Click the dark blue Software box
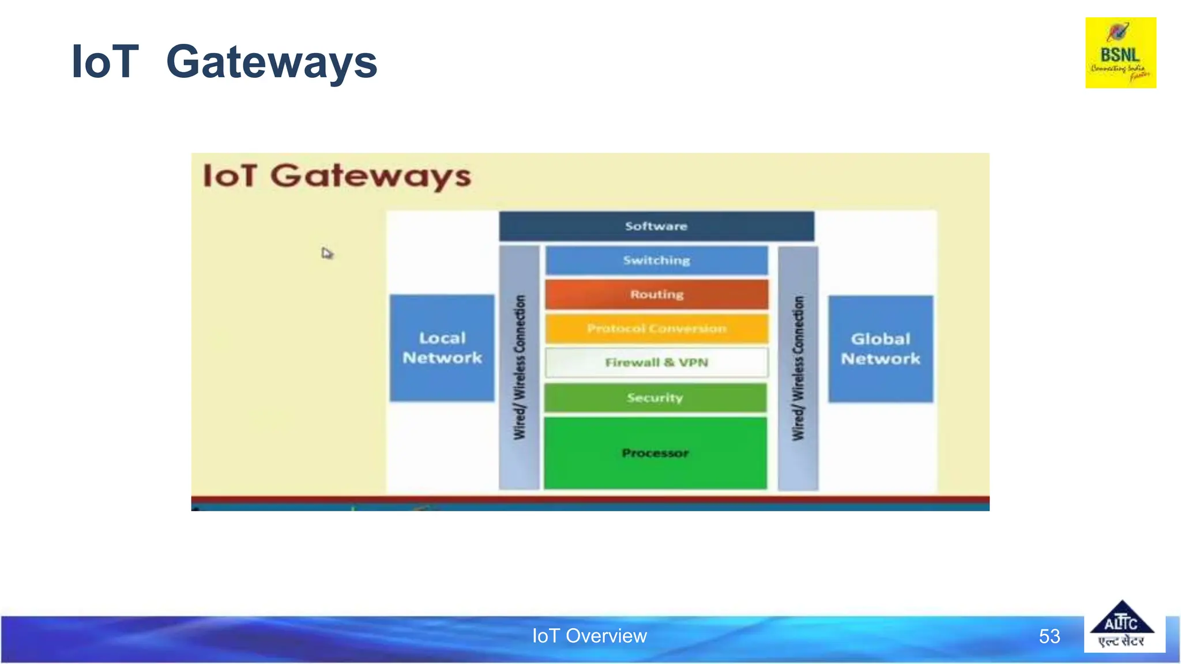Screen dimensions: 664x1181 (x=656, y=226)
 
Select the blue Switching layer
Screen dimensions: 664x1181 (x=656, y=261)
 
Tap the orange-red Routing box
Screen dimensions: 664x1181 (x=656, y=295)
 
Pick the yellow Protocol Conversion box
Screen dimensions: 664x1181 (x=656, y=329)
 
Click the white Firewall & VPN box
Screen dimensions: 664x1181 (x=656, y=363)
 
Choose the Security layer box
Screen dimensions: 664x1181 (x=655, y=398)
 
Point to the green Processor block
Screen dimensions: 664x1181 (x=655, y=453)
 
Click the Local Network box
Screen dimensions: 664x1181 (x=442, y=348)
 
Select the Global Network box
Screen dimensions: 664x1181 (x=880, y=349)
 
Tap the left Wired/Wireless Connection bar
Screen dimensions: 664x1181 (x=519, y=368)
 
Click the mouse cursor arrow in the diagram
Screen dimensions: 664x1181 (x=327, y=253)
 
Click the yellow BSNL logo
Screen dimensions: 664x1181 (x=1120, y=52)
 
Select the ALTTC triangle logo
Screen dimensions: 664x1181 (x=1122, y=626)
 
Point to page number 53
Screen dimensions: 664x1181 (x=1049, y=636)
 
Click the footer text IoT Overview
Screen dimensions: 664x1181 (x=589, y=636)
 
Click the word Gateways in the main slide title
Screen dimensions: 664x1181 (x=271, y=62)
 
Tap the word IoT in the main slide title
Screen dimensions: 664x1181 (x=104, y=62)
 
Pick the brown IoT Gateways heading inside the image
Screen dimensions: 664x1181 (x=337, y=176)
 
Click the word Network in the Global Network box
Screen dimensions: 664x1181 (x=880, y=359)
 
